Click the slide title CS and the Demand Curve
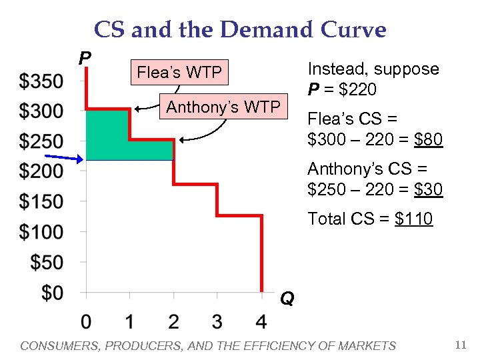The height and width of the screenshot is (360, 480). point(240,29)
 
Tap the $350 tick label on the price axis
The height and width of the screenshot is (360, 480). point(41,81)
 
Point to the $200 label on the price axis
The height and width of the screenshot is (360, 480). point(41,171)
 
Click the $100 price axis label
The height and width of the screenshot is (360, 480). point(41,232)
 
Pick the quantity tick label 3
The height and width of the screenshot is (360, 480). point(217,322)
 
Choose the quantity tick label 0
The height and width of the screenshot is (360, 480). point(86,322)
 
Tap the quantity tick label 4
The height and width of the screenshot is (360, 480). point(261,322)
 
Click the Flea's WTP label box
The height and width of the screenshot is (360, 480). point(179,72)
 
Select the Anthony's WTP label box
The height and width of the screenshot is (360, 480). point(223,107)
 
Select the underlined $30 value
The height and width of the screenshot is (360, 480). point(428,189)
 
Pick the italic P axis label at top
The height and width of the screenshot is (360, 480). point(85,58)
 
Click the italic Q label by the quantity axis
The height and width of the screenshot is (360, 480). point(287,298)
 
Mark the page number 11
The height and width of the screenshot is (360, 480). point(460,345)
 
